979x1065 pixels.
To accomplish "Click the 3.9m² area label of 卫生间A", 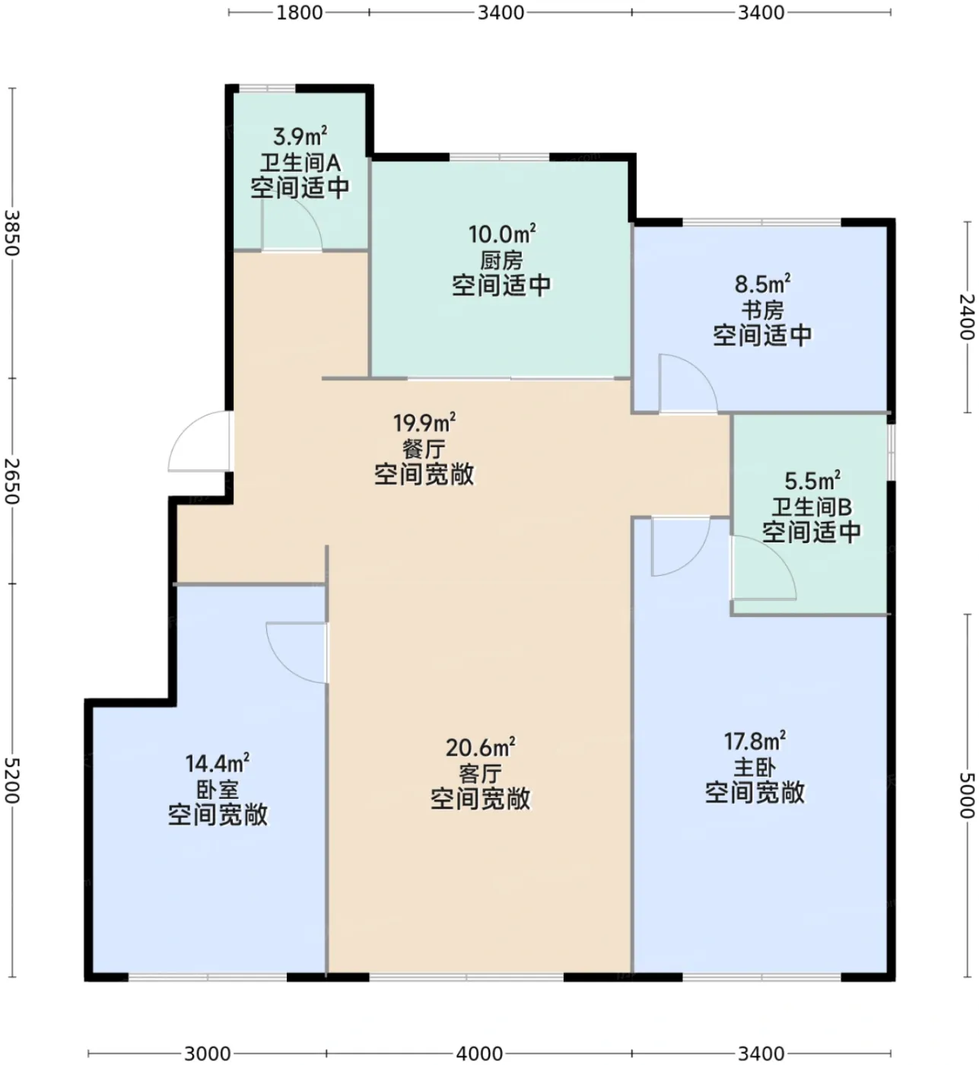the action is coord(300,136).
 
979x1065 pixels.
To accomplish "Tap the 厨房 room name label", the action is coord(502,260).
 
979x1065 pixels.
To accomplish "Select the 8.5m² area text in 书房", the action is coord(762,284).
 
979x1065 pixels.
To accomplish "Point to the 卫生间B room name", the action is coord(811,507).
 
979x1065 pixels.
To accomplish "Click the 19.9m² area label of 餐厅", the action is coord(424,423).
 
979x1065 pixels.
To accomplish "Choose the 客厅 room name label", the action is coord(480,774).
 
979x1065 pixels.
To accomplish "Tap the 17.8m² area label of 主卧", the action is coord(755,741).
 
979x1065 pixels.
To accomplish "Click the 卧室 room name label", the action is coord(218,790).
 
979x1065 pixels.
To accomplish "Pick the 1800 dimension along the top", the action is coord(300,12).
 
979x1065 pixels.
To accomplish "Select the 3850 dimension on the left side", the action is coord(11,233).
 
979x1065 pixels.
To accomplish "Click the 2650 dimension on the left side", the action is coord(11,481).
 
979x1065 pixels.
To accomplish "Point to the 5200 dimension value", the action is coord(11,780).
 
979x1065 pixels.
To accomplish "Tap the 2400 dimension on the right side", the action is coord(968,316).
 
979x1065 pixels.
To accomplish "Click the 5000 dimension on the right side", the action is coord(968,795).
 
